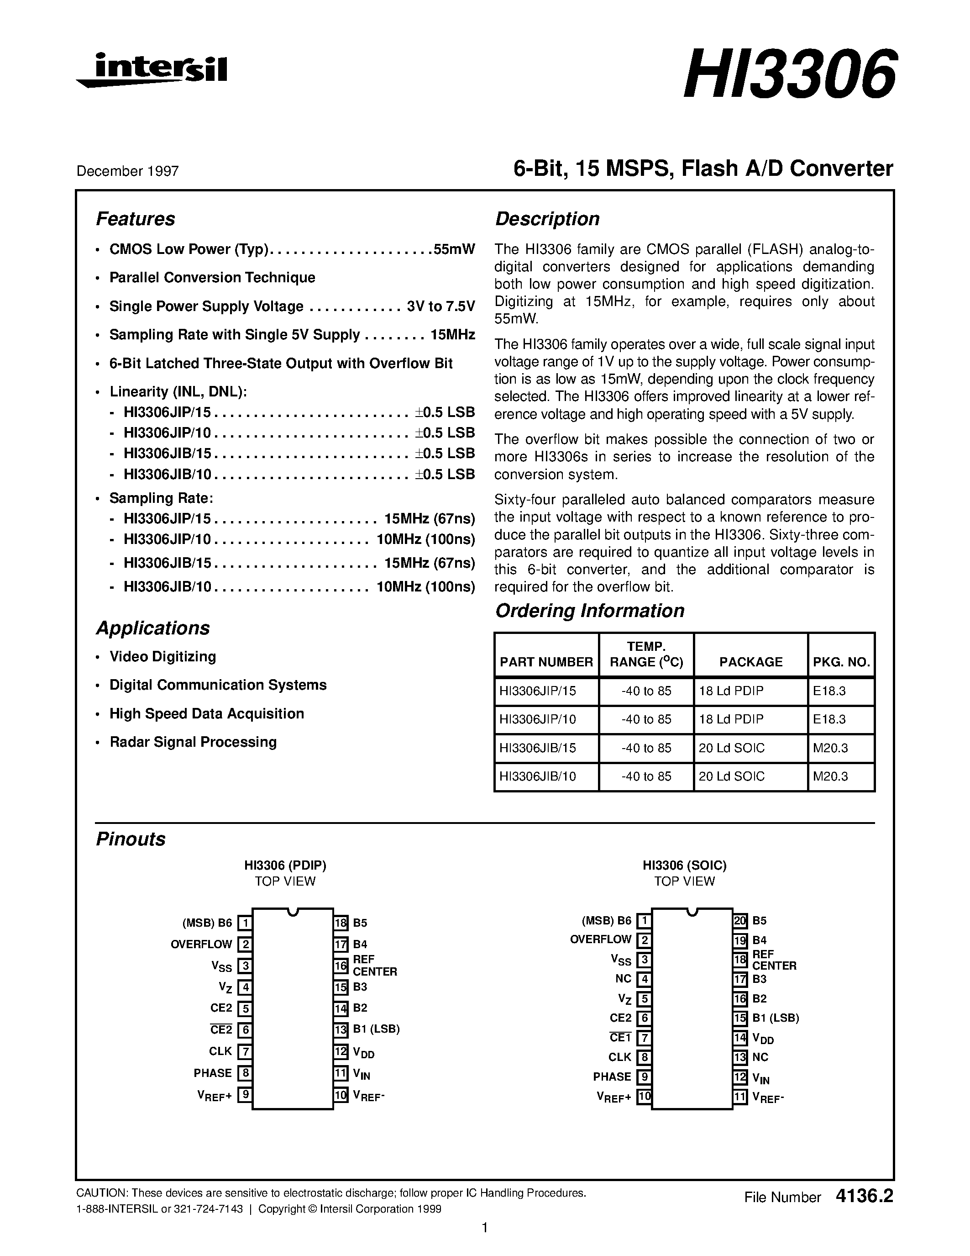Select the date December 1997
[x=127, y=171]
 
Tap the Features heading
[x=135, y=219]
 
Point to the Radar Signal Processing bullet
[x=193, y=742]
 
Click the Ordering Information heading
[x=590, y=611]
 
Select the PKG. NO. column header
[x=841, y=662]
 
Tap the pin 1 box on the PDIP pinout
[x=245, y=923]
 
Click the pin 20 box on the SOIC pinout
[x=739, y=921]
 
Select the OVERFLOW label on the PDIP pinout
[x=201, y=945]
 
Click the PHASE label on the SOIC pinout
[x=612, y=1077]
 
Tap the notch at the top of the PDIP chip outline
[x=293, y=912]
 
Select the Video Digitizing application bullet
[x=163, y=657]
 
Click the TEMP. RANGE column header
[x=646, y=654]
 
